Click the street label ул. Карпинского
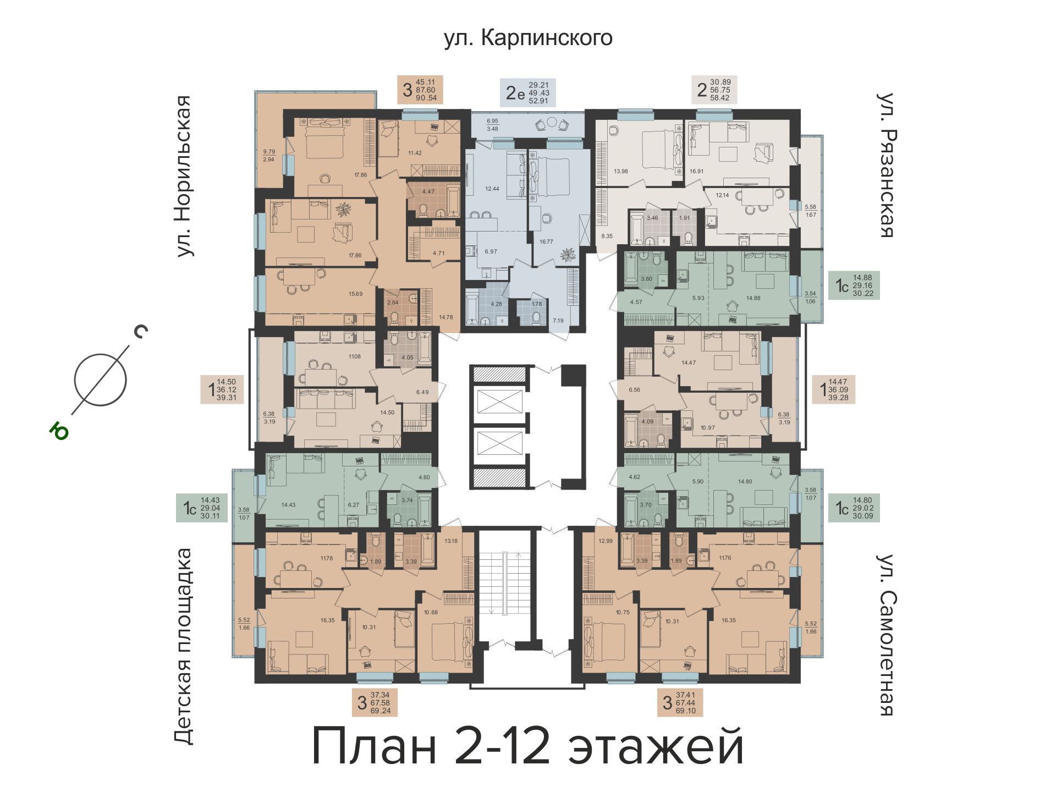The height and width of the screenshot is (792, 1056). coord(528,38)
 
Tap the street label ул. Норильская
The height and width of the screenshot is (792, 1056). coord(184,176)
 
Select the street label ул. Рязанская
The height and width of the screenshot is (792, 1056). coord(886,165)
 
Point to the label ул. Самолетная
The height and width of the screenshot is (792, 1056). coord(886,635)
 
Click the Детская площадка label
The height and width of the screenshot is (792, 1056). coord(184,646)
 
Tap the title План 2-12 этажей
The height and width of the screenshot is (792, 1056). coord(528,746)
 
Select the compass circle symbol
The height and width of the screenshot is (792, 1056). coord(101,380)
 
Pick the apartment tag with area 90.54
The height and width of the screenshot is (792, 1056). coord(420,90)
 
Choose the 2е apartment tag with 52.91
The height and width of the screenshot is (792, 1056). coord(527,92)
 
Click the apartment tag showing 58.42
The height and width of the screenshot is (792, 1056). coord(714,90)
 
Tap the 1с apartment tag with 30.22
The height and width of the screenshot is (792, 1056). coord(854,285)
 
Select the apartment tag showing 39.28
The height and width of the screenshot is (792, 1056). coord(834,389)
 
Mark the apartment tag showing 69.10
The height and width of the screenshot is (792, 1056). coord(680,702)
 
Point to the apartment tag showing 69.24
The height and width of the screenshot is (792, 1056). coord(375,702)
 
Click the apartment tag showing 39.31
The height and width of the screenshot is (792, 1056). coord(222,389)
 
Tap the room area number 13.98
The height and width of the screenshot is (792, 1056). coord(621,172)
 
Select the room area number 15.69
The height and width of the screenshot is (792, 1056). coord(355,294)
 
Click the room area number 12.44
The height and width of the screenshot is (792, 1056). coord(492,189)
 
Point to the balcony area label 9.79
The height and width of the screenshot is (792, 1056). coord(269,152)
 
